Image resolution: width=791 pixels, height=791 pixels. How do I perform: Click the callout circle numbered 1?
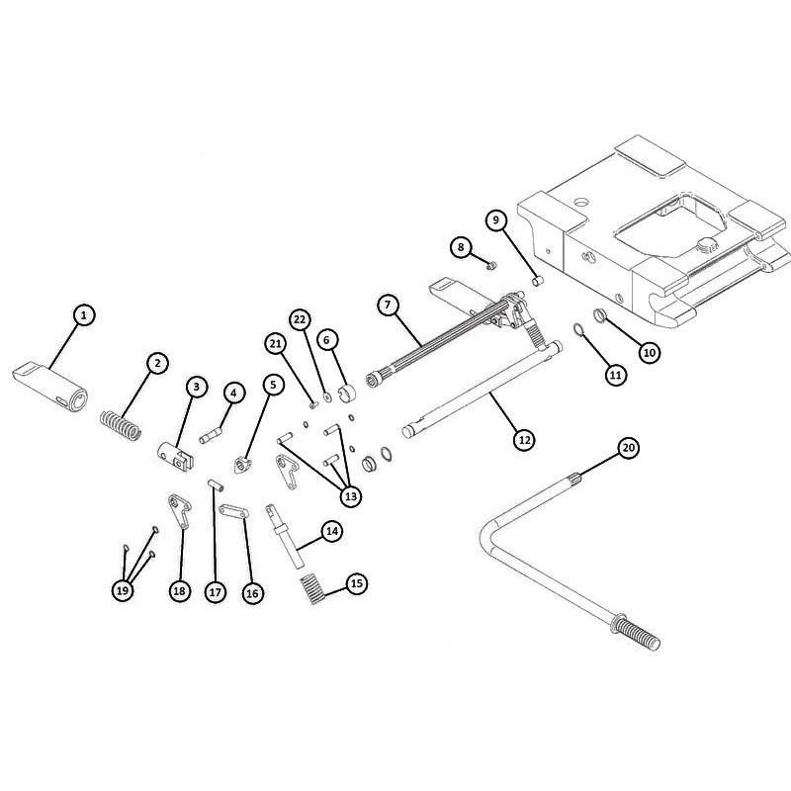click(84, 315)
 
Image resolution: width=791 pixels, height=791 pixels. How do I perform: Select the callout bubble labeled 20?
click(628, 448)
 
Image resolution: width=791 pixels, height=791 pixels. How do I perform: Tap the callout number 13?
click(351, 496)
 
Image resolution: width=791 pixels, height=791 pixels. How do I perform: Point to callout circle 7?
click(388, 305)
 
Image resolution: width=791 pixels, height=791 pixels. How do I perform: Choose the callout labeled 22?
click(300, 319)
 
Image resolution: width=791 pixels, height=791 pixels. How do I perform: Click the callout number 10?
click(650, 352)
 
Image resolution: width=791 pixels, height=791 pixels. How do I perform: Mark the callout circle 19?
click(123, 590)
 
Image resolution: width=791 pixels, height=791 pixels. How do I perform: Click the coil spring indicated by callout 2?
click(121, 426)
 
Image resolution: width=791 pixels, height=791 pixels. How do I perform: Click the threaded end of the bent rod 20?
click(638, 632)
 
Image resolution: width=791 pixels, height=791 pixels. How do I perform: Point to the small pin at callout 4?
click(211, 435)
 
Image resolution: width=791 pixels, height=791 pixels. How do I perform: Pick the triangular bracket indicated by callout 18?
click(180, 511)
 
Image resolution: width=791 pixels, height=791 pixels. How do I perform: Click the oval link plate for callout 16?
click(234, 512)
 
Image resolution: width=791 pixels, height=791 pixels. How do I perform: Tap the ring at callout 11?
click(579, 330)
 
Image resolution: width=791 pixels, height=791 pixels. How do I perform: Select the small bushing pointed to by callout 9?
click(538, 280)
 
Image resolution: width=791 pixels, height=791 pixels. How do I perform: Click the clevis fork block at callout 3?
click(176, 456)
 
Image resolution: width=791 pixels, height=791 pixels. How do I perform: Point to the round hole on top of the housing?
click(582, 203)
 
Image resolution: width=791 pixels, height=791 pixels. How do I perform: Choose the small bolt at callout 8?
click(491, 265)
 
